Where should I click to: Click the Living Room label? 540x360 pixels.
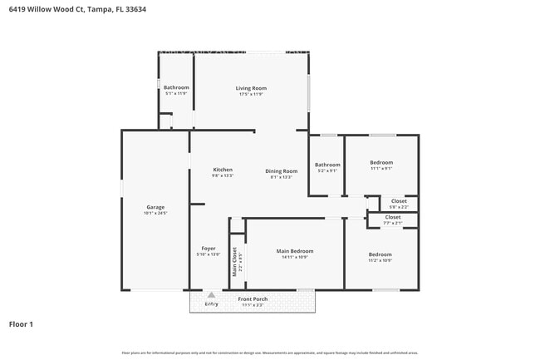(251, 87)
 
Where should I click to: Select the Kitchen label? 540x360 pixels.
(222, 170)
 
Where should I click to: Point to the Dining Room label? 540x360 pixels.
(281, 171)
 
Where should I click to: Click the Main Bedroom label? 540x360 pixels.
(294, 251)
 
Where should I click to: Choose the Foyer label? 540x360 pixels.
(209, 249)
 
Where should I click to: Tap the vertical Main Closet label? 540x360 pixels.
(235, 261)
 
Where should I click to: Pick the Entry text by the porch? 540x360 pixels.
(212, 304)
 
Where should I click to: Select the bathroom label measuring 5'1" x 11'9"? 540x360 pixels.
(176, 87)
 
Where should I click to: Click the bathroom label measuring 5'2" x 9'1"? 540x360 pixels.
(327, 165)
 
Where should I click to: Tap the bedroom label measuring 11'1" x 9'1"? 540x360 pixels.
(381, 162)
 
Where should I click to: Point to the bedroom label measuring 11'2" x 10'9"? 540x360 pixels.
(380, 254)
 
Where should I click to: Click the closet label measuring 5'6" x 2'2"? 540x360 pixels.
(399, 200)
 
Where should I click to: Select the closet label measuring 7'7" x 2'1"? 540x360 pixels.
(392, 217)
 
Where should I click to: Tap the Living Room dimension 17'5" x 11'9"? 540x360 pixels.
(251, 94)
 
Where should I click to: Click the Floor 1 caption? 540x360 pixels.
(21, 324)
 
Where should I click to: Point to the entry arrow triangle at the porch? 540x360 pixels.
(212, 294)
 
